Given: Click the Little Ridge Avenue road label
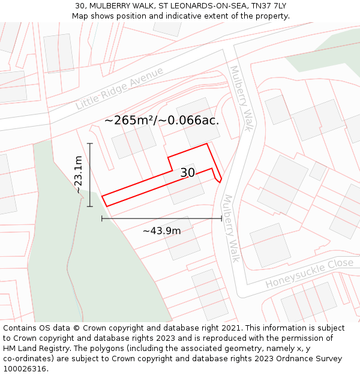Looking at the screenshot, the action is pos(119,88).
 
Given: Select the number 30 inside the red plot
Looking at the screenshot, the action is pos(187,173).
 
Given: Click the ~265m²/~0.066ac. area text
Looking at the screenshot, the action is pos(161,120).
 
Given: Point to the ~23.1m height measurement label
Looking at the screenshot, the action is pos(78,175).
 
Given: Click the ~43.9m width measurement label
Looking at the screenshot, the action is pos(161,230).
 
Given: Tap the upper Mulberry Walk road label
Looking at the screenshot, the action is pos(240,98).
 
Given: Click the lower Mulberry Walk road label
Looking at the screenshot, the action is pos(231,228).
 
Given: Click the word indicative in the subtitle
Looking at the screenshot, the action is pos(190,16).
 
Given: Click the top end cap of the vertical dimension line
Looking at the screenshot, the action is pos(90,143).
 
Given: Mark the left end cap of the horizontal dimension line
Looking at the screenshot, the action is pos(102,218).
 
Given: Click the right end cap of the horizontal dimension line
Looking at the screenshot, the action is pos(222,218).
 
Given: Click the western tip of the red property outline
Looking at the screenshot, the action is pos(102,196).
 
